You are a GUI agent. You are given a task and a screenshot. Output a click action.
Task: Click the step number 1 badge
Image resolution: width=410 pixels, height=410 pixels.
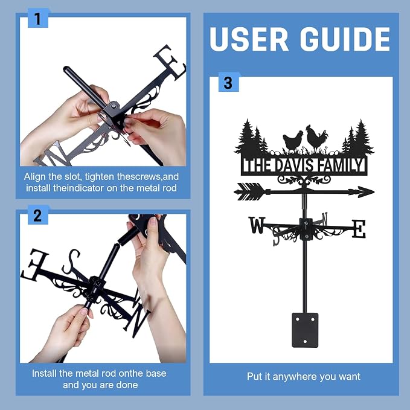coord(38,18)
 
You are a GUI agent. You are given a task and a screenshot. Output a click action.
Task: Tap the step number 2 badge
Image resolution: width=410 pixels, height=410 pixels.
coord(38,215)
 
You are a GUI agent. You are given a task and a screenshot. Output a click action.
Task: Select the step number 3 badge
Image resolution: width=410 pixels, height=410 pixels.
coord(228,82)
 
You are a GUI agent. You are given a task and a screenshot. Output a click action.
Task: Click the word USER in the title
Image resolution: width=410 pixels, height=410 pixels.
coord(249,39)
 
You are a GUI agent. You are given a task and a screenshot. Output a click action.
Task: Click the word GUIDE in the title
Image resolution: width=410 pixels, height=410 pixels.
coord(345,39)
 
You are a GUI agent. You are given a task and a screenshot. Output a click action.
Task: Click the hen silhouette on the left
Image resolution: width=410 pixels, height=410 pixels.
coord(293,141)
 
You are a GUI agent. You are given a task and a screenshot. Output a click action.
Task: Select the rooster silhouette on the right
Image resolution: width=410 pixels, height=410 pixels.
coord(316,138)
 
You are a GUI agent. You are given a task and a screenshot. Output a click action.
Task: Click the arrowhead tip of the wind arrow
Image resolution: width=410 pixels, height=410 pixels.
coord(374,192)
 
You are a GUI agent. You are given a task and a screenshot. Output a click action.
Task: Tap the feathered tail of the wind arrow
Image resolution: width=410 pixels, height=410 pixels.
coord(250,192)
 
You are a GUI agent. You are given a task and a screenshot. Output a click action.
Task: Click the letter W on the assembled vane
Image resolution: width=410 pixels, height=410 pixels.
coord(257,225)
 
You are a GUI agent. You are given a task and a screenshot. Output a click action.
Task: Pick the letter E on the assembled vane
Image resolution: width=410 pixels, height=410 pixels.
coord(359,229)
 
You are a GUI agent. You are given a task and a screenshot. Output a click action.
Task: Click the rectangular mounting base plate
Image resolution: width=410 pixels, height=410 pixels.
coord(305,330)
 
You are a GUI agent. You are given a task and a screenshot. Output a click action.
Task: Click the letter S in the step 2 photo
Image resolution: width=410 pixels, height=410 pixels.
coord(71,261)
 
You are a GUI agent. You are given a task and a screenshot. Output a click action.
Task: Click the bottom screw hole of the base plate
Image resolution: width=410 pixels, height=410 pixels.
coord(305,341)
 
